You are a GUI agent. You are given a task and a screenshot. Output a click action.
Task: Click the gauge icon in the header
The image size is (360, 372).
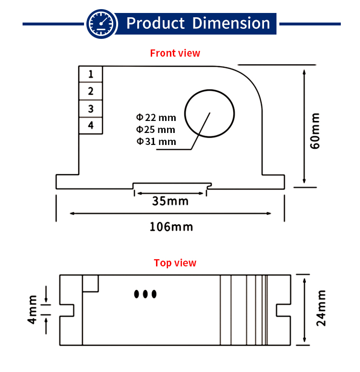[101, 23]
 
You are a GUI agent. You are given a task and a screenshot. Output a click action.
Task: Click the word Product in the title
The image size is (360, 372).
[156, 23]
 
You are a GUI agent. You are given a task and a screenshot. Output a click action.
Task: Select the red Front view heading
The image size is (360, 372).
[175, 53]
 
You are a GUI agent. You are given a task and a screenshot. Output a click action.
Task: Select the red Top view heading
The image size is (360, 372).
[175, 263]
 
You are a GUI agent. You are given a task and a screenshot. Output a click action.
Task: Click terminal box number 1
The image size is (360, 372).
[91, 74]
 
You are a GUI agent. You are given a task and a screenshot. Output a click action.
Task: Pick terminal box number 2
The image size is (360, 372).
[91, 91]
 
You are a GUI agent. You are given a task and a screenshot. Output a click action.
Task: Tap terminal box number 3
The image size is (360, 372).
[91, 108]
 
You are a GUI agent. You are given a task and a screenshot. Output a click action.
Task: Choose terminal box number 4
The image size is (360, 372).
[91, 125]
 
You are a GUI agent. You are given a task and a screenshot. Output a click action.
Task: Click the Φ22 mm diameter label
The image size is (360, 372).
[156, 117]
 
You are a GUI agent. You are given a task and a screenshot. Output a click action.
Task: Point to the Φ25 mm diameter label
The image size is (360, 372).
[156, 130]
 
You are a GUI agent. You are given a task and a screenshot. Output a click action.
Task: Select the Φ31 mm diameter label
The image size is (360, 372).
[156, 142]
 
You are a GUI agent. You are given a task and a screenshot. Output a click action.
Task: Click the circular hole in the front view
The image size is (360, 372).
[210, 113]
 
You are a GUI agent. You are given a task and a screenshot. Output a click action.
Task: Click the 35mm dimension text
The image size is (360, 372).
[170, 201]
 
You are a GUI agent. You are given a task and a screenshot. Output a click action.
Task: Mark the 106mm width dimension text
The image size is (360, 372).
[171, 226]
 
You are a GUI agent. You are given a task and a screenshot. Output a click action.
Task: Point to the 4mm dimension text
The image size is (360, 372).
[32, 310]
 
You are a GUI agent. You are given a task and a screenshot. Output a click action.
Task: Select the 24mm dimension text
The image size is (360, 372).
[321, 309]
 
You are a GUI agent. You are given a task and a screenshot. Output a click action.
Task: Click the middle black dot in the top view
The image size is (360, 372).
[145, 294]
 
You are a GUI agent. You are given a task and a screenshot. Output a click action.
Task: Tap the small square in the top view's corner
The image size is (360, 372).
[91, 283]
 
